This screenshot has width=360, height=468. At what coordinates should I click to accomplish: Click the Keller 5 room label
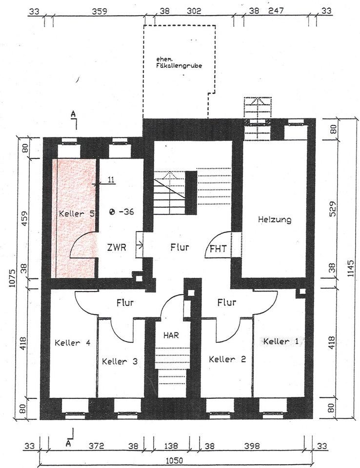pos(77,214)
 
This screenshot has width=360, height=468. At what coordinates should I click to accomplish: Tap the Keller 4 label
pos(72,343)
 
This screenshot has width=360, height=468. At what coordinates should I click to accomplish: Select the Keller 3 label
pos(120,361)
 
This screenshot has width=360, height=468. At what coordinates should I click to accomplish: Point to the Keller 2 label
pos(227,359)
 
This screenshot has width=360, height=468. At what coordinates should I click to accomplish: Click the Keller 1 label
pos(280,341)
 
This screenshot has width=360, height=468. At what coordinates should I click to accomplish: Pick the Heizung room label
pos(275,220)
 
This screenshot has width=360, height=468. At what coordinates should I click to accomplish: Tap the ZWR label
pos(117,247)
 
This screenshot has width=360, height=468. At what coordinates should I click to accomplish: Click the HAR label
pos(171,335)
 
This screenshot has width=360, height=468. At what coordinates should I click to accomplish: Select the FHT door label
pos(218,249)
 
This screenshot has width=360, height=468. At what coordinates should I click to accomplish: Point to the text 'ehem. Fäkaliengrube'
pos(179,62)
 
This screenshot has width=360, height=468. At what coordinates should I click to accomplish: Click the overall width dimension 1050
pos(174,460)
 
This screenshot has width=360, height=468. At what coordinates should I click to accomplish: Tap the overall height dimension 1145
pos(351,269)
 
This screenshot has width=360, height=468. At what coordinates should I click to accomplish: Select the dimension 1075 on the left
pos(12,278)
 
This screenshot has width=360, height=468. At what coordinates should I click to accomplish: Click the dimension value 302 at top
pos(194,11)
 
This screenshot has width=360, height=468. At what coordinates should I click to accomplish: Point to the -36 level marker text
pos(126,212)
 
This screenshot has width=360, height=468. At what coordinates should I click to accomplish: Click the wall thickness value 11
pos(111,180)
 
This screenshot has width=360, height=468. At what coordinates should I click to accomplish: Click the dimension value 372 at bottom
pos(97,446)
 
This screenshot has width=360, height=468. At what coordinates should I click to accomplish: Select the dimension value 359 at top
pos(100,11)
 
